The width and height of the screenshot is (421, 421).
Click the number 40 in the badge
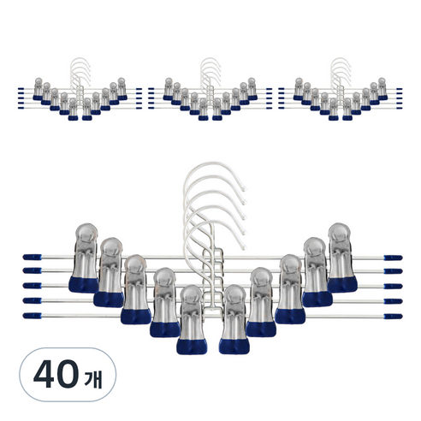pos(56,374)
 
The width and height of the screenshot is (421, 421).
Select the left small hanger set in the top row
pos(80,89)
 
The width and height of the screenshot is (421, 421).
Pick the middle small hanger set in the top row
pos(210,89)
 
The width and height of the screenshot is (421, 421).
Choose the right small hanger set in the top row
pos(341,89)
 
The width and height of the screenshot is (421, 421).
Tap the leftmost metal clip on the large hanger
pos(84,258)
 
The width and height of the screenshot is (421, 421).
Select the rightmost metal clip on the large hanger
pos(341,258)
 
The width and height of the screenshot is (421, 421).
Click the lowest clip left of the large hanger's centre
pos(192,319)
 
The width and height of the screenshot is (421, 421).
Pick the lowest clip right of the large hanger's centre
pos(234,319)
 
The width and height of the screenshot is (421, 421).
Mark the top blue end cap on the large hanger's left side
pos(32,257)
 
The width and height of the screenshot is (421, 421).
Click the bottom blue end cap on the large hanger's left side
pos(32,316)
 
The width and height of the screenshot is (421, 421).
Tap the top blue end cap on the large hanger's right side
pos(393,258)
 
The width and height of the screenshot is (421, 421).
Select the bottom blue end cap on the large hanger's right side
pos(393,317)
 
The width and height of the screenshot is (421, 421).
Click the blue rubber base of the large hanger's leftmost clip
pos(84,285)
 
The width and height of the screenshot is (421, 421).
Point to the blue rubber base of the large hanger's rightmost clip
pos(342,284)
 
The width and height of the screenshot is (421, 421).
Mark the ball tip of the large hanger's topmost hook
pos(244,188)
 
